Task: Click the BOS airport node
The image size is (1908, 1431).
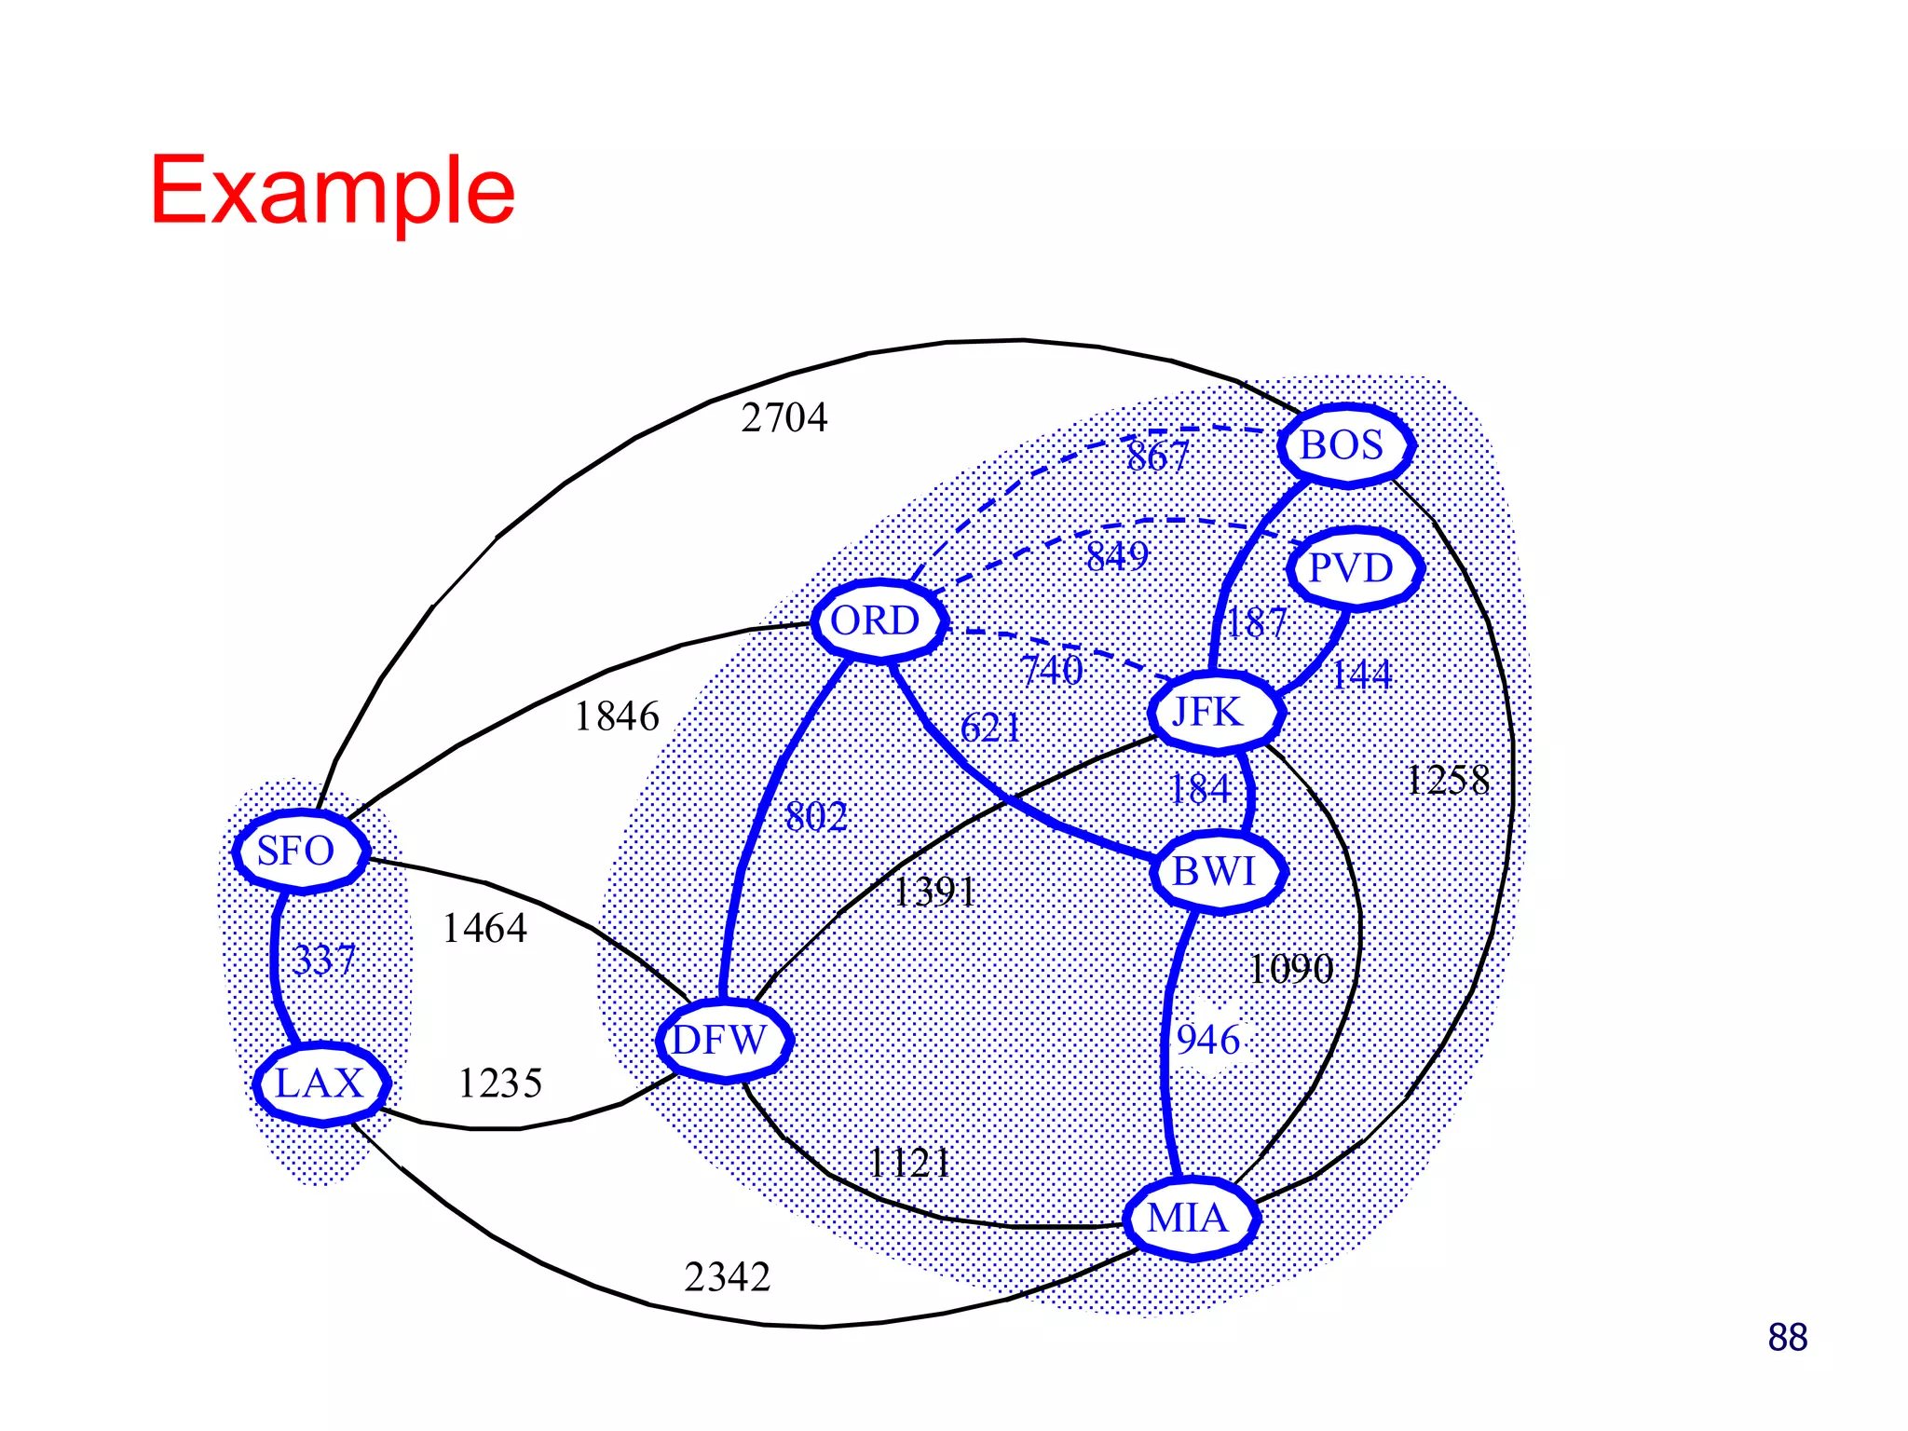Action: tap(1344, 445)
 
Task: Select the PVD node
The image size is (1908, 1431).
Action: tap(1354, 567)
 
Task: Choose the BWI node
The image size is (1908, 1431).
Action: tap(1217, 872)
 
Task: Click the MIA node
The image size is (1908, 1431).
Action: tap(1190, 1219)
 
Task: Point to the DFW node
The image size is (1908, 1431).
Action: tap(723, 1040)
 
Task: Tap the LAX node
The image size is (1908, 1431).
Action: tap(320, 1083)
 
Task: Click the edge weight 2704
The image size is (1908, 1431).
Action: tap(784, 417)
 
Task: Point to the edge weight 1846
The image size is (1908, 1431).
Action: tap(617, 716)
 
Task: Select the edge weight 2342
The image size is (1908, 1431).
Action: tap(728, 1277)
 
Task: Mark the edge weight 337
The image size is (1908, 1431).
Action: tap(324, 960)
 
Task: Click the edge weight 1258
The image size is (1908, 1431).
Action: tap(1448, 781)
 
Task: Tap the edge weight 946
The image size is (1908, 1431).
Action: tap(1208, 1040)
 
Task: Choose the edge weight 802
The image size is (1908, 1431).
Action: tap(816, 817)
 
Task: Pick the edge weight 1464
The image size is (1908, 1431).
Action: tap(484, 928)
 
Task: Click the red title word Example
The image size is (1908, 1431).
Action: tap(333, 190)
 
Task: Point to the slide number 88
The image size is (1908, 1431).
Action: tap(1787, 1338)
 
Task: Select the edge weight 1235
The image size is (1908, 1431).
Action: tap(500, 1083)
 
